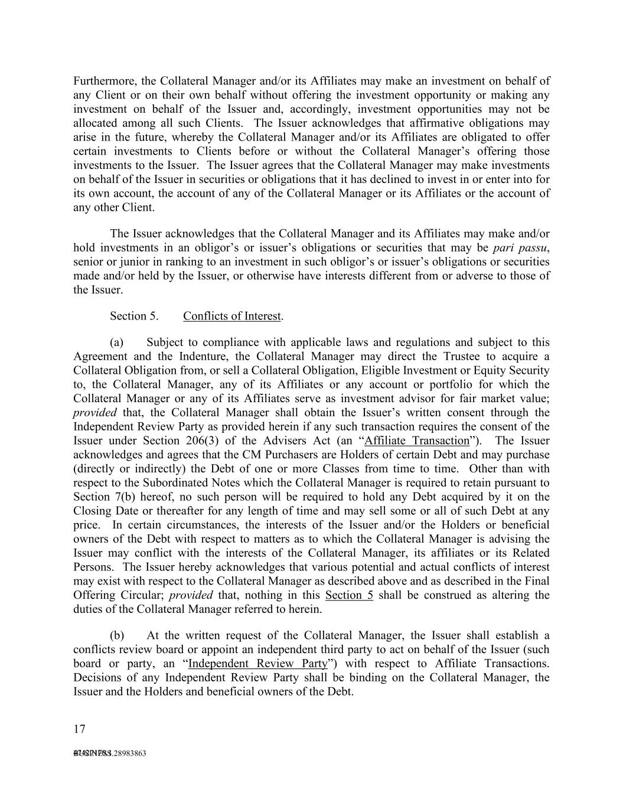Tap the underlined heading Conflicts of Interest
coord(232,316)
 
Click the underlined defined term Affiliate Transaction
coord(417,441)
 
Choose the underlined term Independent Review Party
coord(257,664)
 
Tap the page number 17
coord(80,729)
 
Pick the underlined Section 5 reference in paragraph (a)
coord(349,595)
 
